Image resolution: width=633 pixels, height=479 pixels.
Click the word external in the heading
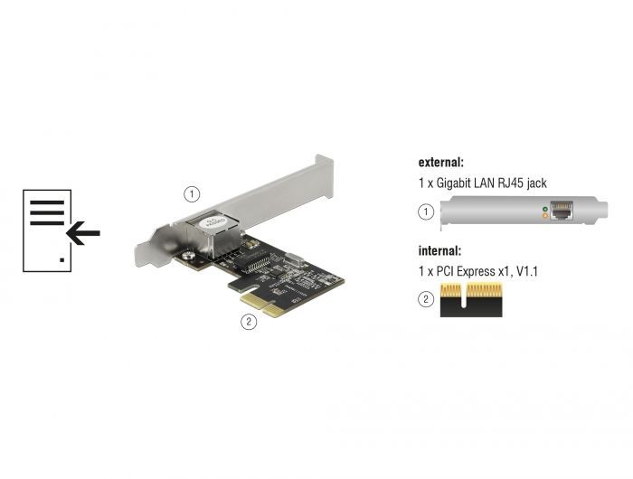click(439, 164)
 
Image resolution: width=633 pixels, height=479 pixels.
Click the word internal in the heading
click(438, 250)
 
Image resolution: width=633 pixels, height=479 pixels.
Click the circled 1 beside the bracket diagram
click(426, 213)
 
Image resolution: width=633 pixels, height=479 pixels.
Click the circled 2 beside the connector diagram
click(426, 299)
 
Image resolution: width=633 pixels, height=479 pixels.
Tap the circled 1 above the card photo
click(191, 193)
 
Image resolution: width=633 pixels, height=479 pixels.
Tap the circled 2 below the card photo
click(245, 320)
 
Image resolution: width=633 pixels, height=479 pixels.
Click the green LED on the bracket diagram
click(543, 210)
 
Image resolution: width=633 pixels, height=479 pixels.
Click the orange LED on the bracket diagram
click(543, 217)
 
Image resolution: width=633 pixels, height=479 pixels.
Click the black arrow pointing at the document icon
click(83, 234)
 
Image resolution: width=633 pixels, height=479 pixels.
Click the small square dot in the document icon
click(61, 259)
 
